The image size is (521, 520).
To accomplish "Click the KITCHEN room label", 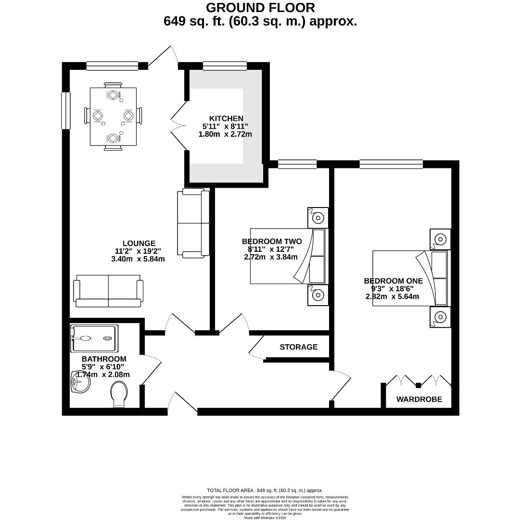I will click(x=226, y=118).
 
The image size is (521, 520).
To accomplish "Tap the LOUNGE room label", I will click(x=139, y=244).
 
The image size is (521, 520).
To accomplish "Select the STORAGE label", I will click(x=298, y=347).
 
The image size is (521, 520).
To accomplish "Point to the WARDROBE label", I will click(x=419, y=399).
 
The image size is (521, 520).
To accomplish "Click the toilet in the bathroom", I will click(x=119, y=394).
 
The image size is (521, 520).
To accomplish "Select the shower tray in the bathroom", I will click(x=94, y=338).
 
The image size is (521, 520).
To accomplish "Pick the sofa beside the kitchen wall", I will click(x=193, y=222).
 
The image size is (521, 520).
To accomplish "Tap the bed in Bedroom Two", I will click(x=287, y=256).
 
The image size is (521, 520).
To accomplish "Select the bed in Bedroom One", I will click(x=410, y=278).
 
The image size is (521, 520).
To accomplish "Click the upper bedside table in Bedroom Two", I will click(x=318, y=218).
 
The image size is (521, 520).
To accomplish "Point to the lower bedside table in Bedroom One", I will click(x=440, y=317).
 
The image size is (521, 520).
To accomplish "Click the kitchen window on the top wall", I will click(x=225, y=66).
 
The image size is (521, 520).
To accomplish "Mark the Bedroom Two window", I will click(x=297, y=164).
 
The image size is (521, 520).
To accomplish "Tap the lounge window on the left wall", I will click(x=66, y=110).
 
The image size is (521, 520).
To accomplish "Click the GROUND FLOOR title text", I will click(x=260, y=8).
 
